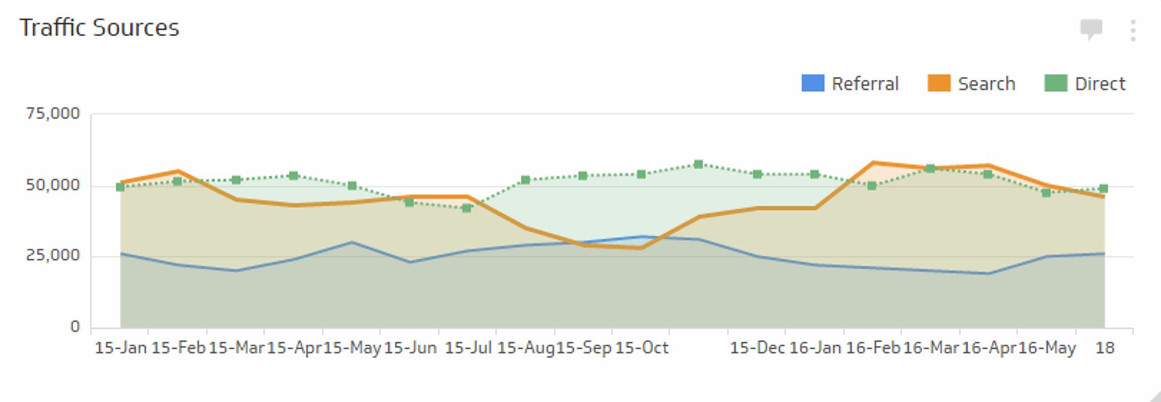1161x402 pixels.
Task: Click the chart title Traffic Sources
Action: point(100,28)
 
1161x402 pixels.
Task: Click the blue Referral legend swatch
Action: point(812,83)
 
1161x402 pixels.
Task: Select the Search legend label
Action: point(986,83)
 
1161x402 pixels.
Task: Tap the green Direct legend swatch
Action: point(1055,83)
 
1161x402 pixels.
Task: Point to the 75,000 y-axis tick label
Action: point(53,114)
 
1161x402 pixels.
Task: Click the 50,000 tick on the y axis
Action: point(53,185)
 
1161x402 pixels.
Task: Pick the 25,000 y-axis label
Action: point(53,256)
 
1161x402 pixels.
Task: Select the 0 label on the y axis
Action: point(75,327)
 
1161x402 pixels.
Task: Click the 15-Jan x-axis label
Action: point(121,348)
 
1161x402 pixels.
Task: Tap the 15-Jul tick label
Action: point(468,348)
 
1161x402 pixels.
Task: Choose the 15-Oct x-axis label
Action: point(642,348)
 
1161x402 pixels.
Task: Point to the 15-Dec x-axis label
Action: point(757,348)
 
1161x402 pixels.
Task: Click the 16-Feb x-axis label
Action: point(873,348)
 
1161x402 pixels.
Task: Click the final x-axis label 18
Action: point(1105,348)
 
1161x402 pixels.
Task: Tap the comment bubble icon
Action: point(1091,28)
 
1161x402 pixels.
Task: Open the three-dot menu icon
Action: point(1133,30)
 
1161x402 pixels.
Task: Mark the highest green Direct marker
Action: point(698,164)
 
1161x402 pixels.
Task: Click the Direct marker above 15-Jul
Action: point(467,209)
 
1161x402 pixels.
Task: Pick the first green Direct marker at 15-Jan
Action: point(120,187)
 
